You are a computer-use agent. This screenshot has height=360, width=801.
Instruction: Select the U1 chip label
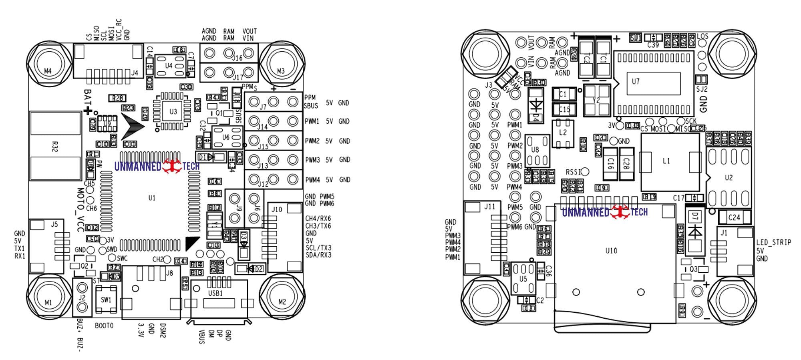[x=152, y=198]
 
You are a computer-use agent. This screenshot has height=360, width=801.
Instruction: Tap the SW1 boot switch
[x=106, y=300]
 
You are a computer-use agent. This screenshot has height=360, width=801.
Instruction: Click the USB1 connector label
[x=215, y=293]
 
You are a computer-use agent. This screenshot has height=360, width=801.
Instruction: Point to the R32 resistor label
[x=55, y=146]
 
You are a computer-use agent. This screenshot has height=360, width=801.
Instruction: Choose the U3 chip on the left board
[x=173, y=111]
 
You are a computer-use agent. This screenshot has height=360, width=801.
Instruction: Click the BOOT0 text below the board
[x=104, y=326]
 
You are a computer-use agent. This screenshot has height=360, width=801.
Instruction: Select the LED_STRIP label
[x=773, y=242]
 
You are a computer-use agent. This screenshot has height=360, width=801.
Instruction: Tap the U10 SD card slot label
[x=611, y=251]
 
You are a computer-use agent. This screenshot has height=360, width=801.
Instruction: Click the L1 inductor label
[x=666, y=161]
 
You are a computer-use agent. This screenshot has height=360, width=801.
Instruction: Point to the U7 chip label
[x=636, y=81]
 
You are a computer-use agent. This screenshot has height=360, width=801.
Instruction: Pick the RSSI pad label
[x=573, y=172]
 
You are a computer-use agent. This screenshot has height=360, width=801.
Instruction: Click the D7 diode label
[x=695, y=217]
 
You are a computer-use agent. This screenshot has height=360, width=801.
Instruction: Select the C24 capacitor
[x=734, y=217]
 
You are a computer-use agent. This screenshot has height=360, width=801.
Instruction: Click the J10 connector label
[x=276, y=209]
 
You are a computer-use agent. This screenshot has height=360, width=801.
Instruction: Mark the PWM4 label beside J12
[x=312, y=180]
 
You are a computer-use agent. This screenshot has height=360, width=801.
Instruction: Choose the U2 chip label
[x=729, y=177]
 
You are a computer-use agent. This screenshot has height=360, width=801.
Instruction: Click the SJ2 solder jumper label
[x=702, y=89]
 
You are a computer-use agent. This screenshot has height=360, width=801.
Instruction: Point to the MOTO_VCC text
[x=80, y=209]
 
